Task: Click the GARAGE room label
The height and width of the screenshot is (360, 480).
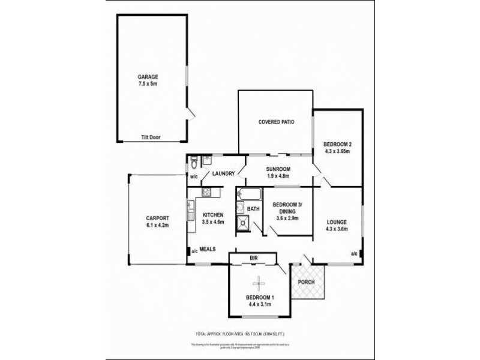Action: click(x=148, y=77)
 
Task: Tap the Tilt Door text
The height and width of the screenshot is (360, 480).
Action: click(x=151, y=137)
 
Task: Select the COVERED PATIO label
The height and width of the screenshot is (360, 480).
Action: click(x=276, y=122)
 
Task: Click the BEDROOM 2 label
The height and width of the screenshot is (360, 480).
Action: click(x=337, y=144)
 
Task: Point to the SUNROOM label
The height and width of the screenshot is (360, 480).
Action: click(x=278, y=169)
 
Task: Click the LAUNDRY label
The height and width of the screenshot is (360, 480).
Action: click(x=223, y=175)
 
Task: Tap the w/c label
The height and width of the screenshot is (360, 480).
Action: click(x=194, y=177)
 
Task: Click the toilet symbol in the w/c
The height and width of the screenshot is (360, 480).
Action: click(x=194, y=161)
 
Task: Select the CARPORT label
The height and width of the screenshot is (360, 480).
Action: click(x=157, y=218)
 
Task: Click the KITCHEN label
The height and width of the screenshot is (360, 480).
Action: click(x=213, y=215)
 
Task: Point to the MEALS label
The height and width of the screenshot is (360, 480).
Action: click(x=208, y=249)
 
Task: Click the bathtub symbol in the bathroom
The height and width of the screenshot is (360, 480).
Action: click(x=248, y=194)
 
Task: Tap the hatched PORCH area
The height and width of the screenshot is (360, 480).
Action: click(x=307, y=284)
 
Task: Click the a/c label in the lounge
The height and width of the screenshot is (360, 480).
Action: click(x=353, y=254)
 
